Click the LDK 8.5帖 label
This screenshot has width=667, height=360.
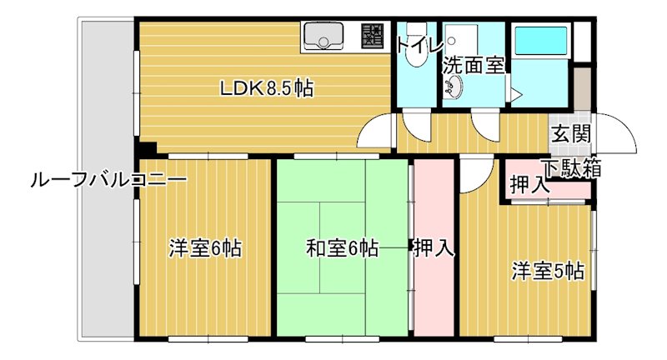click(x=266, y=88)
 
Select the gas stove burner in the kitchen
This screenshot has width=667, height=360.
click(x=372, y=36)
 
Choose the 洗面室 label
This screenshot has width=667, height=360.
click(x=473, y=64)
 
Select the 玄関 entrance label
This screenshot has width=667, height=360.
click(x=571, y=134)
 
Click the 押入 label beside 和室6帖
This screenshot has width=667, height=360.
click(x=434, y=247)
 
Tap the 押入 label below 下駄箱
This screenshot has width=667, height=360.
click(x=529, y=185)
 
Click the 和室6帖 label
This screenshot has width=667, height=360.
click(x=342, y=248)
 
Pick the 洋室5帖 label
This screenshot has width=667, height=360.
click(x=547, y=271)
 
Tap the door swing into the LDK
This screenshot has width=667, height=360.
click(x=377, y=132)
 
